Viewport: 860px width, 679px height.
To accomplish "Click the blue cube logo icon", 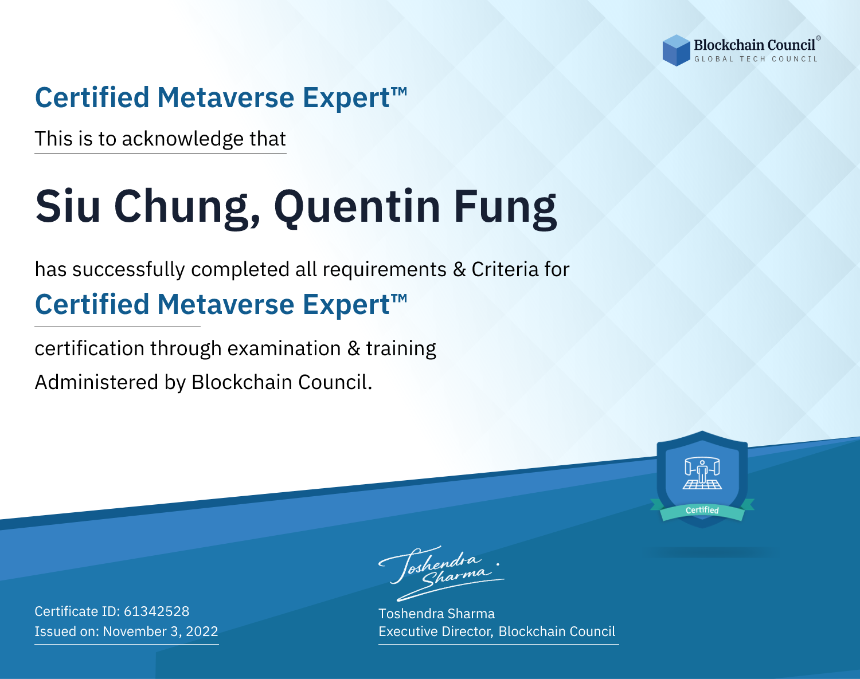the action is pyautogui.click(x=676, y=50).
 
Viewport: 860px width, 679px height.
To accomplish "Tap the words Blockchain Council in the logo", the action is pyautogui.click(x=755, y=45).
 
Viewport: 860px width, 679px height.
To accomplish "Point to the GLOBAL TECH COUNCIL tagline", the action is pyautogui.click(x=756, y=59).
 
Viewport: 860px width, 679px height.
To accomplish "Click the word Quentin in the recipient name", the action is pyautogui.click(x=357, y=207).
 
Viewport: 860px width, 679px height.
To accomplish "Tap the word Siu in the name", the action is pyautogui.click(x=68, y=206).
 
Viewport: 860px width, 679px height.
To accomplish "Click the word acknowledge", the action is pyautogui.click(x=182, y=139).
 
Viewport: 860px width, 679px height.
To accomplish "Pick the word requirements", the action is pyautogui.click(x=384, y=270).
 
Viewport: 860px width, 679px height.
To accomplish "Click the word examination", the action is pyautogui.click(x=284, y=348).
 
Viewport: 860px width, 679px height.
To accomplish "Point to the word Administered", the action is pyautogui.click(x=96, y=382).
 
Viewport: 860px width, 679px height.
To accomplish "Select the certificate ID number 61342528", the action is pyautogui.click(x=157, y=611).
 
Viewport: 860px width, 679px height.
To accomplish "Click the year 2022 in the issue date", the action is pyautogui.click(x=202, y=631).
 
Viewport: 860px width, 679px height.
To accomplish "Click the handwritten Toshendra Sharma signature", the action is pyautogui.click(x=441, y=573).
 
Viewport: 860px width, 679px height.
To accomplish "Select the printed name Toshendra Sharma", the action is pyautogui.click(x=436, y=614).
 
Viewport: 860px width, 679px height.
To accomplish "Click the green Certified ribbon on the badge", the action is pyautogui.click(x=702, y=511).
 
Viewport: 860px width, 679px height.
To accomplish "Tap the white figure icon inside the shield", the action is pyautogui.click(x=702, y=474).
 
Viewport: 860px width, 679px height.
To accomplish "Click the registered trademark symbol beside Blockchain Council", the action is pyautogui.click(x=818, y=38).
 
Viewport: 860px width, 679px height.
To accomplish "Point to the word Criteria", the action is pyautogui.click(x=505, y=270).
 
